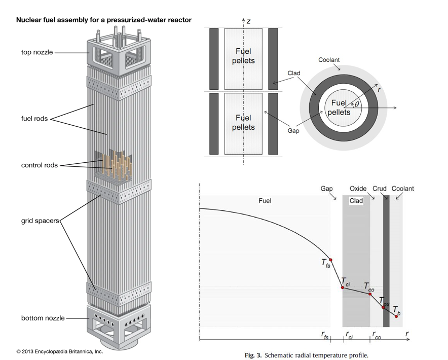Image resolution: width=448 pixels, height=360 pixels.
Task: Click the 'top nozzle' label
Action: (x=36, y=52)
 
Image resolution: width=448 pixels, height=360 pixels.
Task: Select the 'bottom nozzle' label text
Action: (x=43, y=318)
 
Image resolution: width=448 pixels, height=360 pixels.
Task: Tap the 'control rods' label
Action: (x=39, y=165)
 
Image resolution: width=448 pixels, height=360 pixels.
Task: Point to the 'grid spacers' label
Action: (x=40, y=221)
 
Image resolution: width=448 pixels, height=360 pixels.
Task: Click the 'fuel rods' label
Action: (x=34, y=119)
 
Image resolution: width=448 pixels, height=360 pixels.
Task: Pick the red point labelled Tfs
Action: (x=330, y=260)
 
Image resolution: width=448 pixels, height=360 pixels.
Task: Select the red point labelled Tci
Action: (x=342, y=287)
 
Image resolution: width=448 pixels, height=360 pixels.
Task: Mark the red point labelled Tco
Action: (x=370, y=294)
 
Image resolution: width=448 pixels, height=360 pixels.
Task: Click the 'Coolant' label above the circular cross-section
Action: (x=329, y=60)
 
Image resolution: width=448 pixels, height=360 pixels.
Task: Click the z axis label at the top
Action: (x=249, y=21)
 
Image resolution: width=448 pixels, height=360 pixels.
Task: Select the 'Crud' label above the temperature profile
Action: (x=380, y=189)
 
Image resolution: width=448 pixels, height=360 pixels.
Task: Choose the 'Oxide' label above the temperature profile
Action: (x=358, y=189)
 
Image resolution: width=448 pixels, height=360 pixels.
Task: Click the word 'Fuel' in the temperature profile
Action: (x=265, y=201)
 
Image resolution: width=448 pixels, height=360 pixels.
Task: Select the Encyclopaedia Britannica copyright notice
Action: (x=59, y=351)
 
